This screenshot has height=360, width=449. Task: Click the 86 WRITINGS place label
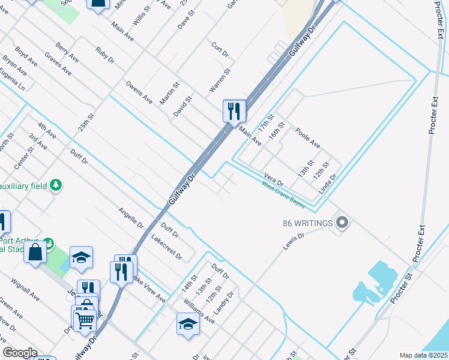coord(307,224)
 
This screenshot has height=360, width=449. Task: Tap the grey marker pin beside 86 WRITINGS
coord(342,224)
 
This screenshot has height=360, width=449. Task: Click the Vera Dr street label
coord(274,179)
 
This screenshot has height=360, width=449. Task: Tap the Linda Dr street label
coord(328,184)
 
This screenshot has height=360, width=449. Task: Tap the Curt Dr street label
coord(220,49)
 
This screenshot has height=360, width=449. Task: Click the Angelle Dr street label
coord(131,218)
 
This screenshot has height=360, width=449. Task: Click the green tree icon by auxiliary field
coord(56,184)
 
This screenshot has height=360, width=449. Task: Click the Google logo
coord(20,353)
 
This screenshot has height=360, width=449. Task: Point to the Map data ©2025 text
coord(423,355)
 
